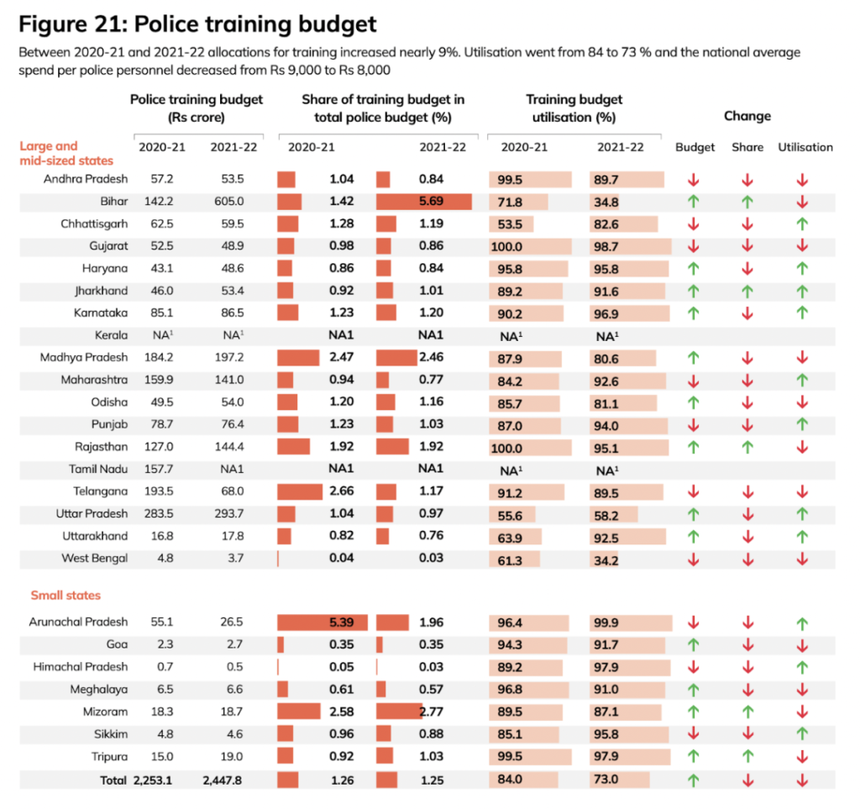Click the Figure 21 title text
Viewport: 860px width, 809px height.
pos(197,23)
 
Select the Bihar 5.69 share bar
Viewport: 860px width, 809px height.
pos(423,202)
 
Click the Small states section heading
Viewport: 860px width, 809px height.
pos(66,596)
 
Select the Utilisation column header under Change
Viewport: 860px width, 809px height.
pos(805,147)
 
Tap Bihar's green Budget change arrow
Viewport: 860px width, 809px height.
pos(694,202)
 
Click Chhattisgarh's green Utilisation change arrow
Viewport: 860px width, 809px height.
pos(802,224)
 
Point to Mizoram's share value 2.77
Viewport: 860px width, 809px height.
pos(430,712)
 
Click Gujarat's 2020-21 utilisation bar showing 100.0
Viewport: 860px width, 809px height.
pos(530,247)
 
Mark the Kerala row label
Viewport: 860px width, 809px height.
pos(110,335)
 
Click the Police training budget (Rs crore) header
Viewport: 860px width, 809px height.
pos(197,108)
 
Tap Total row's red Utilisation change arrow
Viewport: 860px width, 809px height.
pos(802,780)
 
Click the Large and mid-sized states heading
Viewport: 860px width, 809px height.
pos(66,153)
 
